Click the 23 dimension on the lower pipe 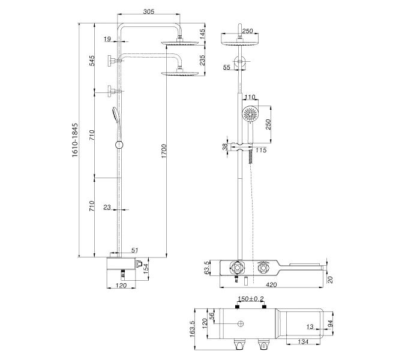(107, 208)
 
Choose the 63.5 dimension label (208, 267)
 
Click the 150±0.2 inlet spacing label (251, 298)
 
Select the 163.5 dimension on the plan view (193, 331)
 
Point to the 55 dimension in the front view (226, 68)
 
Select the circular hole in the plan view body (241, 325)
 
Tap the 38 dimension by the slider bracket (226, 146)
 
